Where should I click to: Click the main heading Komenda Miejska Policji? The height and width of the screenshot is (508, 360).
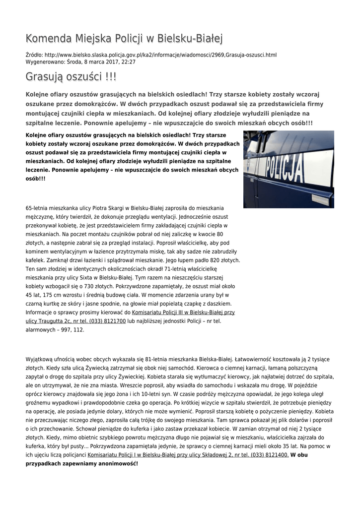click(x=124, y=38)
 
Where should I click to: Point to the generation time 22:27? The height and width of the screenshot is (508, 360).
click(x=129, y=62)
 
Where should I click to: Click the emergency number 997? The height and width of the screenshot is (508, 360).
click(x=59, y=329)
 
